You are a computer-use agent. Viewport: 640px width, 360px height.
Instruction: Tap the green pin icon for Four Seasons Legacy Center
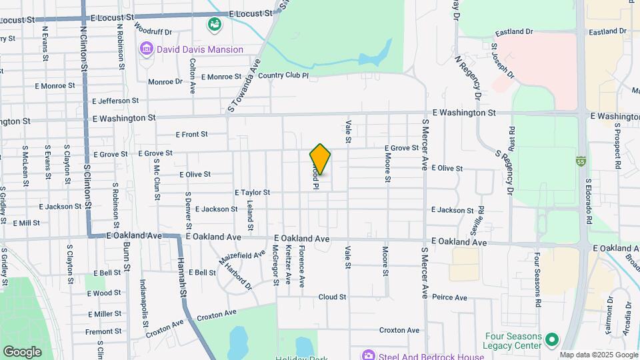coord(551,341)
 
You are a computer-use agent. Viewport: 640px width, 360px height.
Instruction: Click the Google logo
coord(22,351)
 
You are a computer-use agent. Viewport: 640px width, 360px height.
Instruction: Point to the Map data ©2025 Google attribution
coord(599,355)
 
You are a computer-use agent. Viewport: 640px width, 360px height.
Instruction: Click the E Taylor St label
coord(252,192)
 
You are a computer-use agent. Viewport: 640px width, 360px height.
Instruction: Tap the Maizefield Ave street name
coord(243,255)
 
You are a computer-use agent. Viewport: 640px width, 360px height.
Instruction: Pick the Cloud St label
coord(332,297)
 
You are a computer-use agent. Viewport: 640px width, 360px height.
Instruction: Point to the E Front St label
coord(192,135)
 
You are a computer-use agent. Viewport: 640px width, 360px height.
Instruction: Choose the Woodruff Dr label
coord(153,31)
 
